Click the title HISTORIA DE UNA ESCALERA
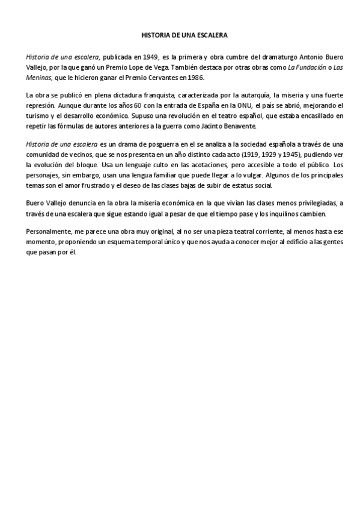[x=180, y=35]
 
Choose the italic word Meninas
[x=39, y=77]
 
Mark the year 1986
[x=195, y=77]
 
